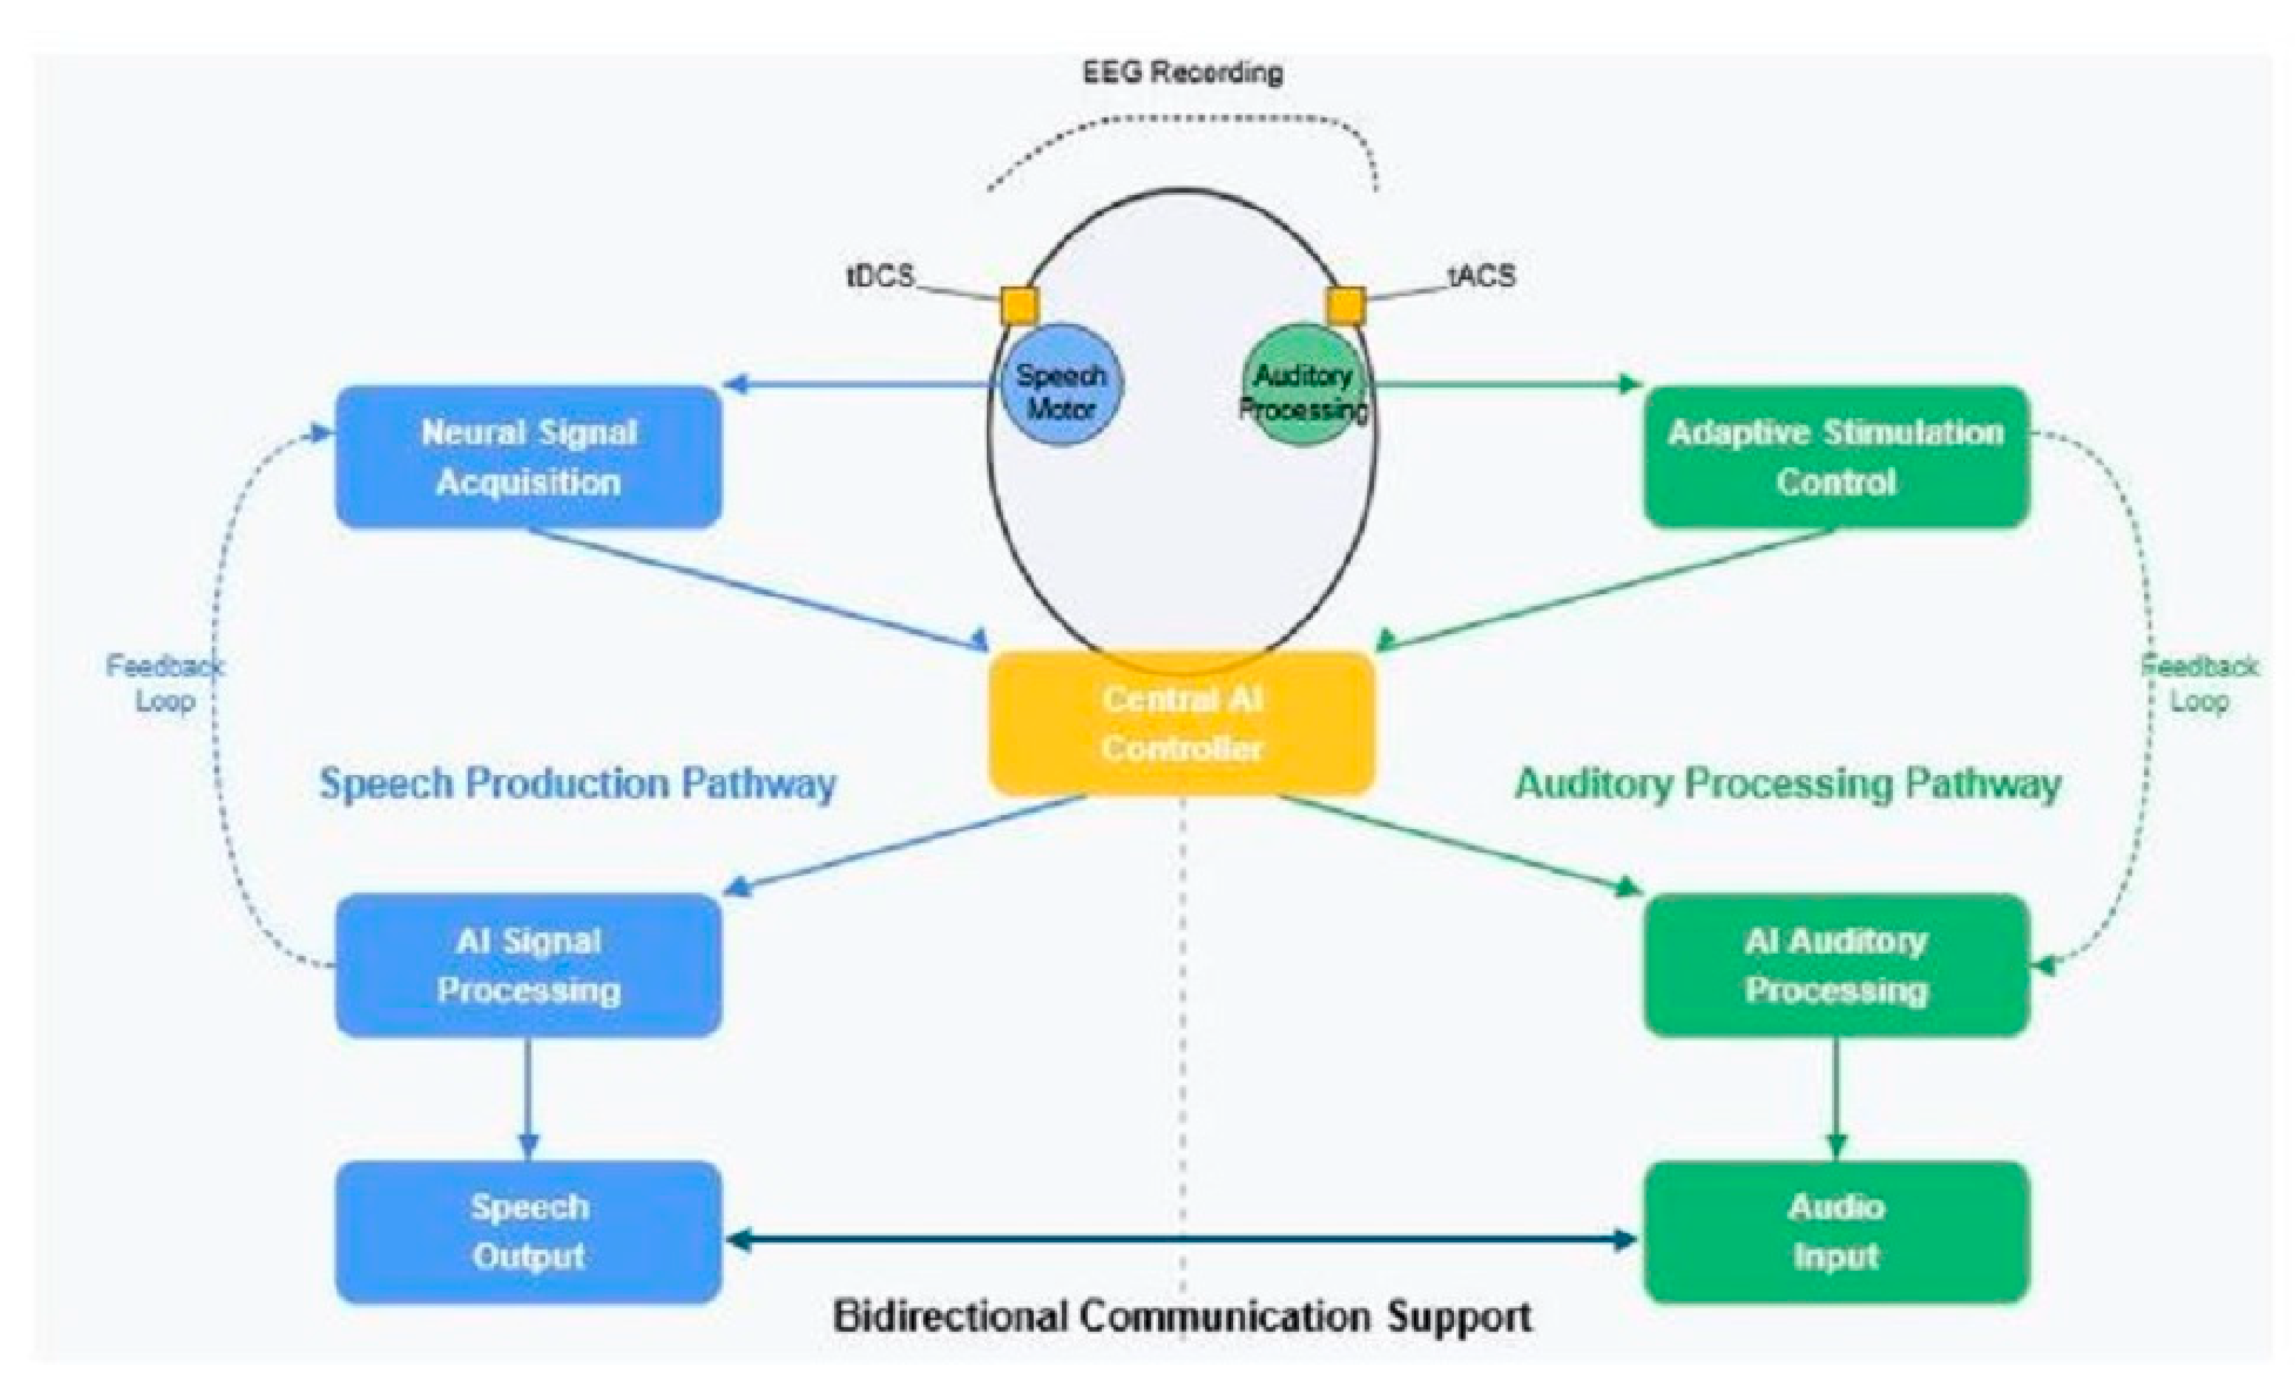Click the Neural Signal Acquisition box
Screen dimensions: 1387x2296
(528, 457)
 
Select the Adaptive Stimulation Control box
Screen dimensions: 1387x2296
(1835, 457)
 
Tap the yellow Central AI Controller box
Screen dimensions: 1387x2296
(1182, 724)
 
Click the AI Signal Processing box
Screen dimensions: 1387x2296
(528, 965)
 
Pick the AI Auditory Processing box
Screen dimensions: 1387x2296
(1835, 965)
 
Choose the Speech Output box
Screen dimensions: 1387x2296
(528, 1231)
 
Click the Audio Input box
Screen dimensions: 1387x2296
(1835, 1231)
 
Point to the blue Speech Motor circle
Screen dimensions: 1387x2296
(1061, 384)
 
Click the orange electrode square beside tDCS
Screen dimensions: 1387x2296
(1019, 305)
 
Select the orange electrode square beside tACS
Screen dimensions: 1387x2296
(1345, 305)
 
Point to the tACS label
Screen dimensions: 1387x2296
(1482, 276)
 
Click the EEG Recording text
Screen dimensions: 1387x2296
(1182, 72)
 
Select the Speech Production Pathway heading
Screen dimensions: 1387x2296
(578, 783)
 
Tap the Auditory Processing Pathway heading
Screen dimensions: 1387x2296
(1787, 783)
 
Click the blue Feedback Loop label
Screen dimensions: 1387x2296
(165, 684)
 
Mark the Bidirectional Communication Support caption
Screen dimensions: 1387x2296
(1182, 1316)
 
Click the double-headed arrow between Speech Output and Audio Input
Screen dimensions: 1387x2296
(1182, 1239)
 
